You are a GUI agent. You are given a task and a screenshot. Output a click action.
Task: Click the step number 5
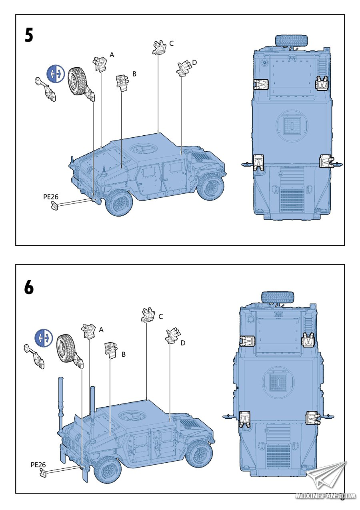pyautogui.click(x=29, y=35)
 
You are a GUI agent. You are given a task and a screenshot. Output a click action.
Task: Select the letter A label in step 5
pyautogui.click(x=112, y=55)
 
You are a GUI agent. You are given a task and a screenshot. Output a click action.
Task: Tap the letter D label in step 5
pyautogui.click(x=194, y=62)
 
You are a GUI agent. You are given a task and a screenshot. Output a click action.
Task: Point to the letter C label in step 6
pyautogui.click(x=160, y=316)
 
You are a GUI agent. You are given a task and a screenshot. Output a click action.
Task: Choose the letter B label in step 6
pyautogui.click(x=124, y=354)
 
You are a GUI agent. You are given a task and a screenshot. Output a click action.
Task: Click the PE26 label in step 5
pyautogui.click(x=51, y=197)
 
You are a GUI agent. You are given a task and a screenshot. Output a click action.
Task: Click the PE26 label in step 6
pyautogui.click(x=38, y=465)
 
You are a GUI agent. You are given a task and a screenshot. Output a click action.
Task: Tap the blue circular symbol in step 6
pyautogui.click(x=44, y=338)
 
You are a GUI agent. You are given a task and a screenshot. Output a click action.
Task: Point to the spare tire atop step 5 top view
pyautogui.click(x=292, y=40)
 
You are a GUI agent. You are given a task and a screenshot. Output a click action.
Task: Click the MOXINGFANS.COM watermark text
pyautogui.click(x=325, y=496)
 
